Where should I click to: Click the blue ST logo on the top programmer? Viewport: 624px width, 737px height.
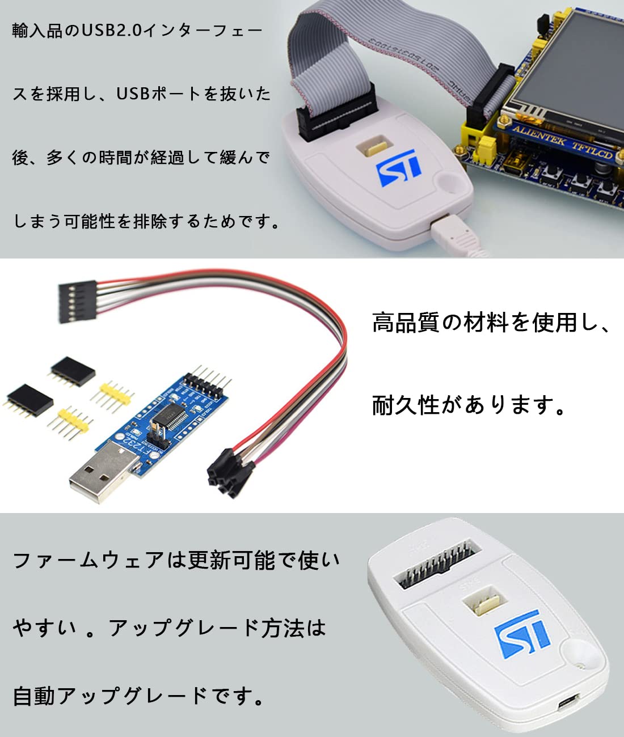399,168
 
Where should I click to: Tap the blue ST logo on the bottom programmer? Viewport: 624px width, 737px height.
522,633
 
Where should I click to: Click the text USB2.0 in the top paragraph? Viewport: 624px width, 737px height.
112,30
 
